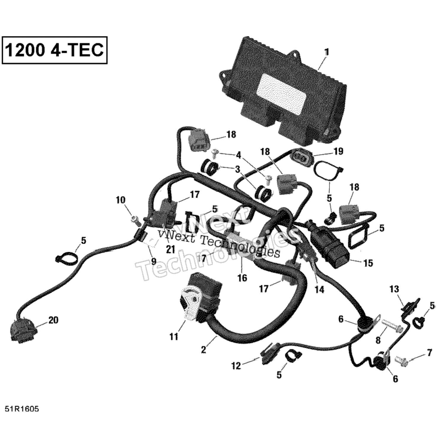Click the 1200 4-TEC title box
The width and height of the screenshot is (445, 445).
click(55, 50)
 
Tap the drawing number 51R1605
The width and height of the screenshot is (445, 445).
click(22, 409)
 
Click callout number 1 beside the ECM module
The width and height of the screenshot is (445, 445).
click(327, 52)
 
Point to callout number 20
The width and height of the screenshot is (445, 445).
click(53, 320)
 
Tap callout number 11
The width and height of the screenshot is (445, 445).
click(174, 336)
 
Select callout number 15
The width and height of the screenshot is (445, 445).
click(368, 263)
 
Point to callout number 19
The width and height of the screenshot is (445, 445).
click(338, 151)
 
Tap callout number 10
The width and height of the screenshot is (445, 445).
click(121, 200)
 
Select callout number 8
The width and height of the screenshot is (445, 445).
click(378, 340)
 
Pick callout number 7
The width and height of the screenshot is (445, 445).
click(429, 352)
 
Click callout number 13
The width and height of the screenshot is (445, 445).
click(394, 289)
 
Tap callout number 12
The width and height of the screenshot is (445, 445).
click(236, 366)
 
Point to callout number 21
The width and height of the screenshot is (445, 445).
click(171, 249)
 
